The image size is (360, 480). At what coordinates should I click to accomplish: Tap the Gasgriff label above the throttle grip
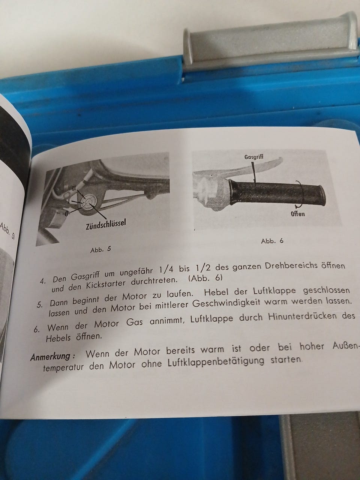point(254,157)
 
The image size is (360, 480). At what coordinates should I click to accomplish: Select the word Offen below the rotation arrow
point(297,214)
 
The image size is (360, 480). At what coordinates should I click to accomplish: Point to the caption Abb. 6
point(272,241)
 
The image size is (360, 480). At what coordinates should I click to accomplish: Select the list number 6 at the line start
point(36,330)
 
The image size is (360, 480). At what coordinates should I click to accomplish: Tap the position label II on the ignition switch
point(73,187)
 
